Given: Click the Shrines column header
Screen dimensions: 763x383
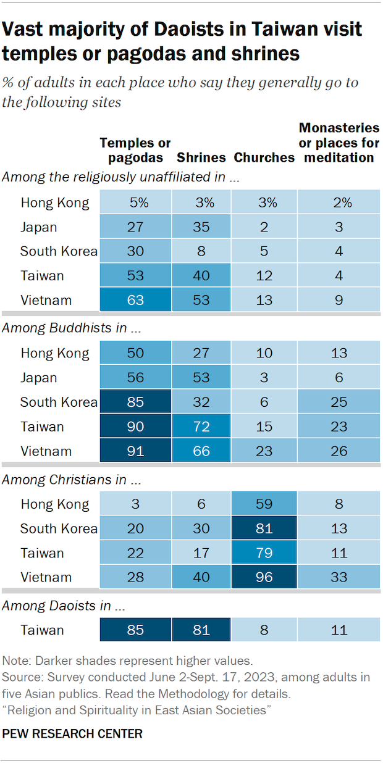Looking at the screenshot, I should (x=201, y=157).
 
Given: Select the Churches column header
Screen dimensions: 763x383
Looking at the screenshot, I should (x=264, y=157).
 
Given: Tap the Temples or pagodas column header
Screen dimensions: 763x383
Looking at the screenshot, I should (x=135, y=150).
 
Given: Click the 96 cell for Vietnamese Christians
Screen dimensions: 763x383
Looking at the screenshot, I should (x=264, y=577).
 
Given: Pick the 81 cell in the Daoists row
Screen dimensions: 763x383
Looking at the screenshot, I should (x=201, y=630).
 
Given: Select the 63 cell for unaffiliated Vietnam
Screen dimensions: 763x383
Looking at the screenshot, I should (x=135, y=301).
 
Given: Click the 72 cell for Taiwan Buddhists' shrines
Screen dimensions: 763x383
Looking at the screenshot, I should (x=201, y=427).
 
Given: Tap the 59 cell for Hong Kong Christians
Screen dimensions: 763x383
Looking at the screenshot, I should (x=264, y=504).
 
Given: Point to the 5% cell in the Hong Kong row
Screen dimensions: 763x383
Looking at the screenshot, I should (x=135, y=202).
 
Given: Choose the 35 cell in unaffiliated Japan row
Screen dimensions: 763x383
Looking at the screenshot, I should (x=201, y=227).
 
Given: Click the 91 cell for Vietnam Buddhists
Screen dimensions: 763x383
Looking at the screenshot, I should (x=135, y=451).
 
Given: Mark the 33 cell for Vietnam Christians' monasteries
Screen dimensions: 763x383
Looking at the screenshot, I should (x=338, y=577).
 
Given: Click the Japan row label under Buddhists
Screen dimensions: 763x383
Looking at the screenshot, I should (x=39, y=378).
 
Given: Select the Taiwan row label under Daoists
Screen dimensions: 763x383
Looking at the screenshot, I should (x=42, y=630).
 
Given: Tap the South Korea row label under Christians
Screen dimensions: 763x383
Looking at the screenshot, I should (x=59, y=528).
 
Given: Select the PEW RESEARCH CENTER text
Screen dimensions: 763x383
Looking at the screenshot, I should (x=72, y=734).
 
